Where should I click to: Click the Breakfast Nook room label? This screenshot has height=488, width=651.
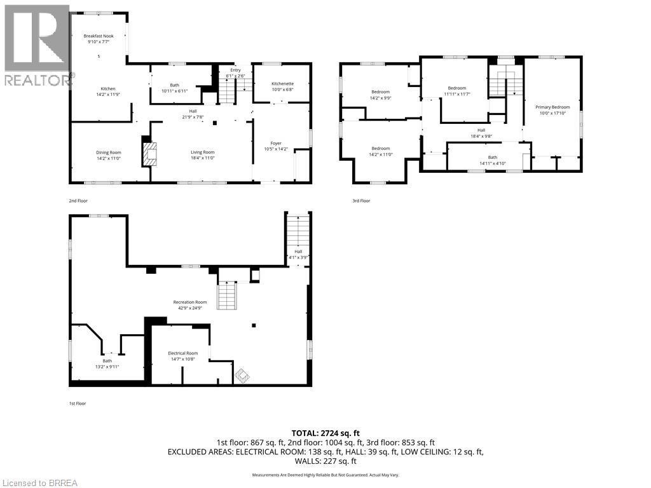pos(98,36)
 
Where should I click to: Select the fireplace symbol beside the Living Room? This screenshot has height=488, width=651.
pos(149,154)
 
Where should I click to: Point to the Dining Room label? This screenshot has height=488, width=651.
pos(108,152)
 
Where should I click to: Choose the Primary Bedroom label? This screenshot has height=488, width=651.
pos(552,107)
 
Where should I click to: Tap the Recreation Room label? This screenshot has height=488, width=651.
pos(190,302)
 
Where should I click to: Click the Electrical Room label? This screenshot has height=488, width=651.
pos(182,353)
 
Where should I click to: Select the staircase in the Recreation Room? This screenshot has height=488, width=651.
pos(227,296)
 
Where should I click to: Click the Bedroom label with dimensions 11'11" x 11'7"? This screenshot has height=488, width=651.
pos(456,88)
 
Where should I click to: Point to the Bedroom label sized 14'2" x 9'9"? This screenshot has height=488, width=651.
pos(380,92)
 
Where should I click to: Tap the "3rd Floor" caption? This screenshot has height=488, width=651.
pos(361,201)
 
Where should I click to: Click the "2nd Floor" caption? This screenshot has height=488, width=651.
pos(78,201)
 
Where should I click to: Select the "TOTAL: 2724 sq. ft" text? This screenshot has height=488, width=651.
pos(325,433)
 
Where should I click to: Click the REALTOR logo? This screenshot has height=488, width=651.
pos(36,44)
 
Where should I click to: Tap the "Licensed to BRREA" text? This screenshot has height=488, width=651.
pos(39,482)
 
